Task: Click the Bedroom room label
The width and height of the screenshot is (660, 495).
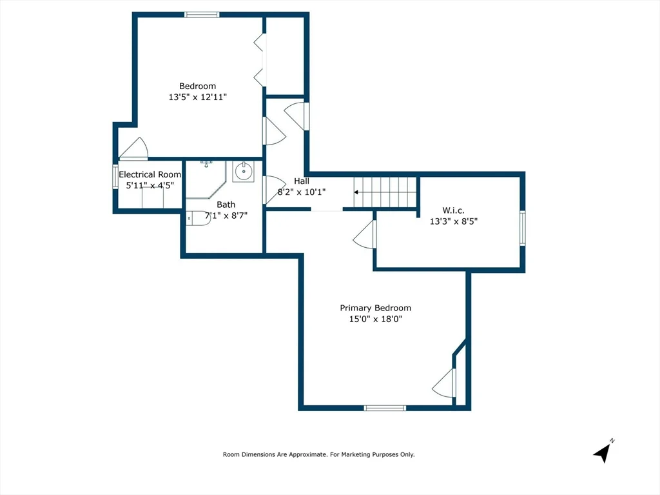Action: click(197, 86)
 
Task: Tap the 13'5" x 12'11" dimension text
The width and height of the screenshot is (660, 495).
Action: click(198, 97)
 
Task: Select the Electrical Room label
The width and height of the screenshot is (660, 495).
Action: click(150, 174)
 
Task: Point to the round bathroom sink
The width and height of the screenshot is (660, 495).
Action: click(243, 172)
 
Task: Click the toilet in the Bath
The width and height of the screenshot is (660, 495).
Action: click(199, 218)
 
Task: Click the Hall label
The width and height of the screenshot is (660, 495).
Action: click(302, 181)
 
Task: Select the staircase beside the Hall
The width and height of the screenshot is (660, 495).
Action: click(385, 192)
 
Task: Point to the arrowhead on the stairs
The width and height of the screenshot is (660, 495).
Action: click(356, 192)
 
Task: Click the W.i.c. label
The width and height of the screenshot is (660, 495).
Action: click(453, 210)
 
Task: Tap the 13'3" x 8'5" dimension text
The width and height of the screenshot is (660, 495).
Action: click(454, 221)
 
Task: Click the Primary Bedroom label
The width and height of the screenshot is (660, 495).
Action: click(376, 308)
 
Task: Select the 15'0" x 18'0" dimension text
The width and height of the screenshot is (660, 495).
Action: click(376, 319)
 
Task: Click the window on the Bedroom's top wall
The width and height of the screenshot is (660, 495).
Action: click(202, 15)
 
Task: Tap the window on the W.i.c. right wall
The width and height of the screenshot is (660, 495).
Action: click(522, 228)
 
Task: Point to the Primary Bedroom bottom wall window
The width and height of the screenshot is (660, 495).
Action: click(385, 408)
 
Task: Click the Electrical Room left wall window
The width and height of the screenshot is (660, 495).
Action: click(115, 177)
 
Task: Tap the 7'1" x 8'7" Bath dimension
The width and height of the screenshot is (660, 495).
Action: click(226, 216)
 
